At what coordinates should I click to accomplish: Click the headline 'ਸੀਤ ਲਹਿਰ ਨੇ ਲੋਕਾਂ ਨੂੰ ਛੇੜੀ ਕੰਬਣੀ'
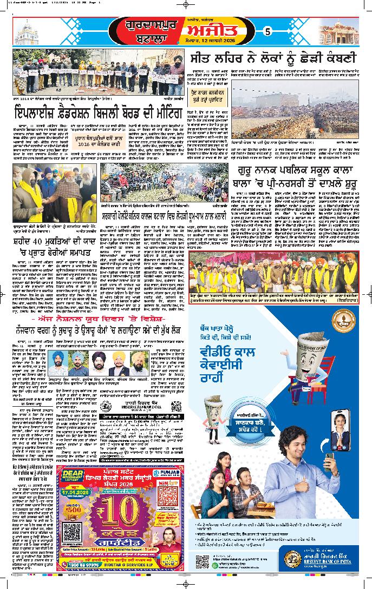tap(273, 58)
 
